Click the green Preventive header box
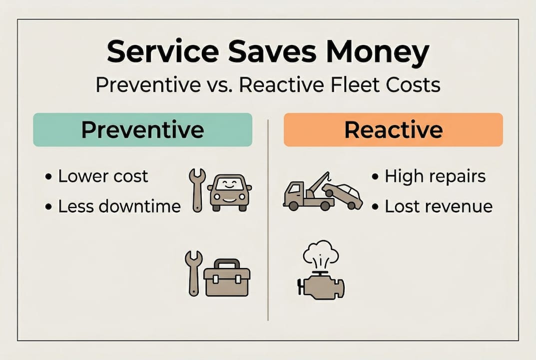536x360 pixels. tap(142, 129)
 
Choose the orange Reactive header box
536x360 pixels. tap(393, 129)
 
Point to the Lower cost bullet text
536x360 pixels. tap(103, 176)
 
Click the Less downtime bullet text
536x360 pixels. tap(119, 206)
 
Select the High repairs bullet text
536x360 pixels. tap(435, 176)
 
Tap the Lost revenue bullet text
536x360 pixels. tap(438, 206)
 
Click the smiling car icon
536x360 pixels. tap(229, 192)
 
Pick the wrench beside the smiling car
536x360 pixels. tap(196, 190)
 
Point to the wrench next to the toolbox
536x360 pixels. tap(193, 272)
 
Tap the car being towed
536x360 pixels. tap(343, 195)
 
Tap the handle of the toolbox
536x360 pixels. tap(226, 263)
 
